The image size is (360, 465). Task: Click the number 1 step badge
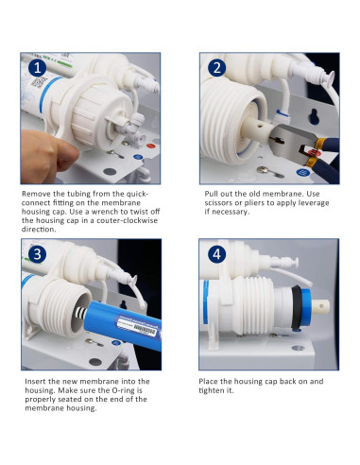37,68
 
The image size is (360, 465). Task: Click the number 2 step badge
216,68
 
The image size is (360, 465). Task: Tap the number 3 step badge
37,254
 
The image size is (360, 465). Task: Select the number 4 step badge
216,254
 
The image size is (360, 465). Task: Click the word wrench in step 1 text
106,212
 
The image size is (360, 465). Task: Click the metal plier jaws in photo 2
291,140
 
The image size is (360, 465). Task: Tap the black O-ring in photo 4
296,307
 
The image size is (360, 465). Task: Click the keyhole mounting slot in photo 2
314,116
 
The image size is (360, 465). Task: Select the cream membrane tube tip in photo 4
321,306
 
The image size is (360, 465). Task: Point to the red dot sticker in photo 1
150,146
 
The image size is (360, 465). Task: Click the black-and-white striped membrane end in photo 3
80,314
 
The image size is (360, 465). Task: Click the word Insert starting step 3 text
35,382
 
